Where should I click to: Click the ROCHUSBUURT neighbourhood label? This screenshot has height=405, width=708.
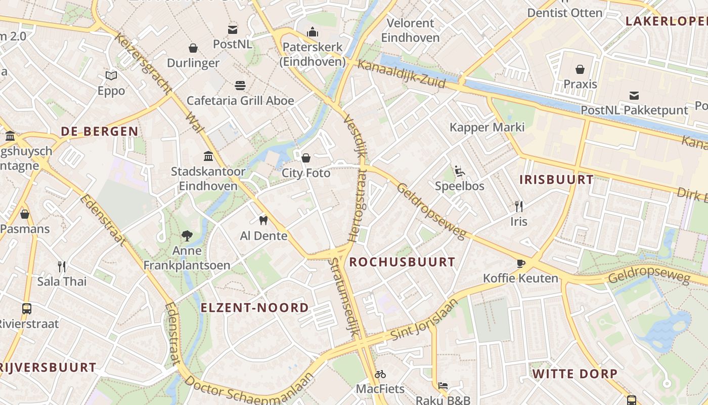pyautogui.click(x=402, y=262)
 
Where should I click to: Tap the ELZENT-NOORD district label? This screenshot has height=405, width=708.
pyautogui.click(x=254, y=308)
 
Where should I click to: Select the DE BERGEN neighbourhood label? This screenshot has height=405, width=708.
pyautogui.click(x=100, y=132)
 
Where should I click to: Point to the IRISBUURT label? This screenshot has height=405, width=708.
pyautogui.click(x=556, y=180)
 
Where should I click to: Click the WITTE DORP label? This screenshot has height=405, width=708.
pyautogui.click(x=574, y=374)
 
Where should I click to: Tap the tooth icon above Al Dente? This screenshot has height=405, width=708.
pyautogui.click(x=263, y=220)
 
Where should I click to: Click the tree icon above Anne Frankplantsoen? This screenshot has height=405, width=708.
pyautogui.click(x=187, y=235)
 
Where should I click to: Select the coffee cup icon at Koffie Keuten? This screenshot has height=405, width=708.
pyautogui.click(x=521, y=263)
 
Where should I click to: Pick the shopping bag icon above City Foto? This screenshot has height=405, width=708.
pyautogui.click(x=306, y=158)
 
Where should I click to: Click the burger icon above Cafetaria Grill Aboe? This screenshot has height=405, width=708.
pyautogui.click(x=240, y=85)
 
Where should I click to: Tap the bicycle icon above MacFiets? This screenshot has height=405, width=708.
pyautogui.click(x=380, y=374)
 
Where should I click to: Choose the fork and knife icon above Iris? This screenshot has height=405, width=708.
pyautogui.click(x=518, y=206)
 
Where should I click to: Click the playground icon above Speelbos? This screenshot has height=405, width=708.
pyautogui.click(x=460, y=171)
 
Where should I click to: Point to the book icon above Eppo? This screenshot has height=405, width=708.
pyautogui.click(x=111, y=75)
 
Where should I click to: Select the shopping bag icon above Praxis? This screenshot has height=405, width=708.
pyautogui.click(x=580, y=69)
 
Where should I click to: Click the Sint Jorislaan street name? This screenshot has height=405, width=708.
pyautogui.click(x=424, y=320)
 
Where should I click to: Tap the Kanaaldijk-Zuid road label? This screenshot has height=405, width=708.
pyautogui.click(x=402, y=74)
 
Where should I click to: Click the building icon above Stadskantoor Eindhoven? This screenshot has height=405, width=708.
pyautogui.click(x=208, y=156)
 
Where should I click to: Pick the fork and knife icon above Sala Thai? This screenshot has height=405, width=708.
pyautogui.click(x=62, y=266)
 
